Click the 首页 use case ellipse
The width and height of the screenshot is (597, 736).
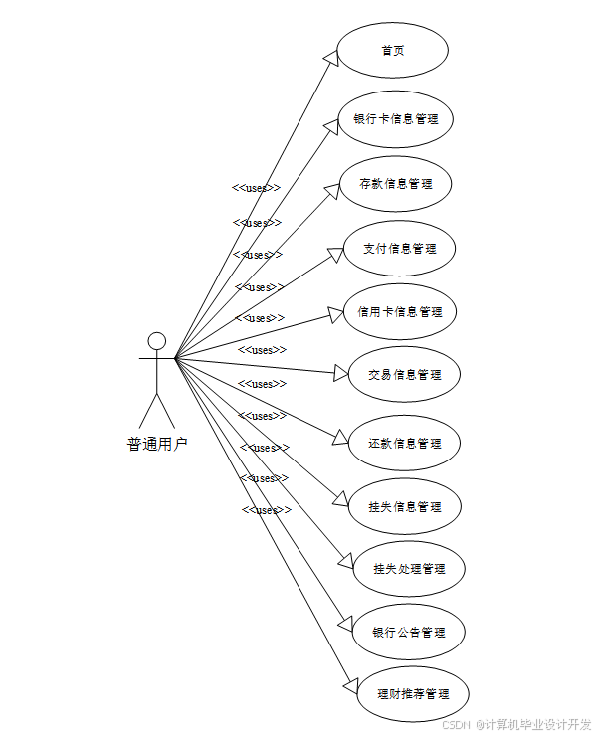[x=392, y=51]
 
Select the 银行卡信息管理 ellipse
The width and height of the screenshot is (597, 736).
[x=396, y=119]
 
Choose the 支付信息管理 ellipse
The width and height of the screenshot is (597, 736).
[x=399, y=248]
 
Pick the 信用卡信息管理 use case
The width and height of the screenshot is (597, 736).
[x=400, y=311]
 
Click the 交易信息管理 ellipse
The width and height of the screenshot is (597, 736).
[x=404, y=375]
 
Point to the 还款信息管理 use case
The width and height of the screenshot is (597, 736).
[x=404, y=443]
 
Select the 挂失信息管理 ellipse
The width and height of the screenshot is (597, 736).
[x=404, y=506]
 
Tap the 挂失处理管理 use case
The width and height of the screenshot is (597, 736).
[x=409, y=569]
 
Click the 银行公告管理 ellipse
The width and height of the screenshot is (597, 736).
[x=408, y=632]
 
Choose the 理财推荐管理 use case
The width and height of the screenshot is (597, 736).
[x=412, y=694]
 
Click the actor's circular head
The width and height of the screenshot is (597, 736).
[x=156, y=340]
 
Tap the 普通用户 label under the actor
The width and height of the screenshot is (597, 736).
[x=156, y=445]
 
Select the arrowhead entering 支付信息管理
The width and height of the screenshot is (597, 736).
[x=337, y=253]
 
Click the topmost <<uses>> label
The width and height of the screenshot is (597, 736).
[x=257, y=188]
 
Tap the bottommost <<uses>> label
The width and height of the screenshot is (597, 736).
[x=266, y=510]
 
